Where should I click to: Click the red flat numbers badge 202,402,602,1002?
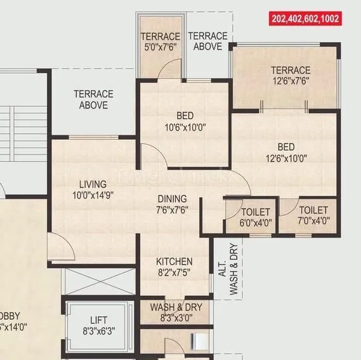pyautogui.click(x=306, y=19)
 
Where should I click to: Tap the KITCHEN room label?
pyautogui.click(x=174, y=262)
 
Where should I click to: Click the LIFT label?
pyautogui.click(x=98, y=319)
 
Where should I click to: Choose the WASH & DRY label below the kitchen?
pyautogui.click(x=176, y=307)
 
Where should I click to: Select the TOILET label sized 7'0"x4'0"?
pyautogui.click(x=313, y=210)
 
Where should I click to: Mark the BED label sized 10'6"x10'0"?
pyautogui.click(x=185, y=116)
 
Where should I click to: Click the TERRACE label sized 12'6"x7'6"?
pyautogui.click(x=291, y=70)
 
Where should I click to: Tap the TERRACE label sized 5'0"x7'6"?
pyautogui.click(x=160, y=37)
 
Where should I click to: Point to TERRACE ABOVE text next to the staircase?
pyautogui.click(x=93, y=100)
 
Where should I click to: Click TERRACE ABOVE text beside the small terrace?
pyautogui.click(x=207, y=41)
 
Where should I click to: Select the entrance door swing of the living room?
pyautogui.click(x=60, y=241)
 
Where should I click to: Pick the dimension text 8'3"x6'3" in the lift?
pyautogui.click(x=98, y=331)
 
